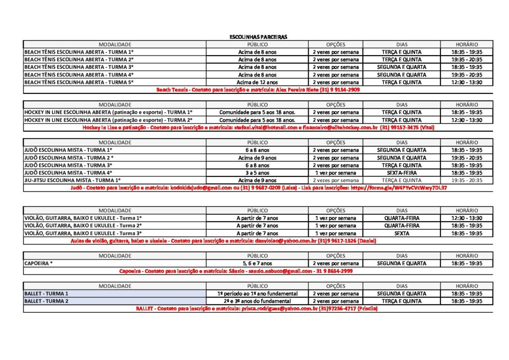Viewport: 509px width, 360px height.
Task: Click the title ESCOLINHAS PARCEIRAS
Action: (x=258, y=37)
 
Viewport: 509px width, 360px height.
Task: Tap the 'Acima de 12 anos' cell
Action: (x=257, y=83)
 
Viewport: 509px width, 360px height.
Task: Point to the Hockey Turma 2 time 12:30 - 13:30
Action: (x=467, y=120)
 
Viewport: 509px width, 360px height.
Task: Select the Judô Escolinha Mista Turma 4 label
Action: (x=69, y=173)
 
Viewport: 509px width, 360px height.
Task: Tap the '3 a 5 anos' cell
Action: (x=257, y=173)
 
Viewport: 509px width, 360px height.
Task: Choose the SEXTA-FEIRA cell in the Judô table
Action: (x=401, y=173)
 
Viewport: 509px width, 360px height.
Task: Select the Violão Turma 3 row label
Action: (x=83, y=233)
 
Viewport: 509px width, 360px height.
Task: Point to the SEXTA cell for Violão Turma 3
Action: (x=401, y=233)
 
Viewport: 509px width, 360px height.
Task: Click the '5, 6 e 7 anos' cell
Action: (x=257, y=264)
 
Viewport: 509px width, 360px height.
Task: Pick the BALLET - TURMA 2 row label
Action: (x=46, y=301)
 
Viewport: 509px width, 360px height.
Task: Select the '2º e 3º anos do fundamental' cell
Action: (x=257, y=301)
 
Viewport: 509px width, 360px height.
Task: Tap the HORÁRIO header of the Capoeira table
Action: (x=467, y=256)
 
